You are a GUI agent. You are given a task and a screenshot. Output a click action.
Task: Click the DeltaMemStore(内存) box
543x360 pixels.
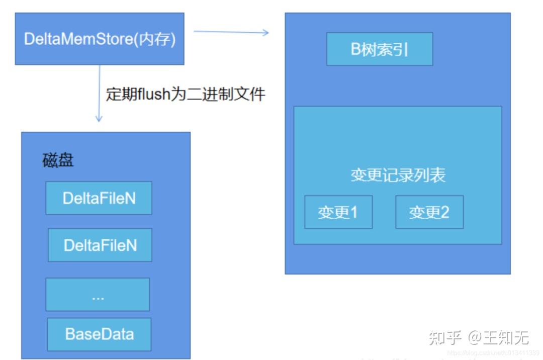click(x=100, y=39)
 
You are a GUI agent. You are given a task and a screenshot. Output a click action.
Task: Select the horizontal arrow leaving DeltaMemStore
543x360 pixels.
click(x=231, y=32)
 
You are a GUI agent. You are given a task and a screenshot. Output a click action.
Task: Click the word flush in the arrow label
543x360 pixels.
click(x=153, y=94)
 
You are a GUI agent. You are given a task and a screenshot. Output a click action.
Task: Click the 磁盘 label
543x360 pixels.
click(x=58, y=160)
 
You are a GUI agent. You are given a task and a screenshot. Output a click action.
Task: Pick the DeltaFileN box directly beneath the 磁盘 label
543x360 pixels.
click(x=99, y=198)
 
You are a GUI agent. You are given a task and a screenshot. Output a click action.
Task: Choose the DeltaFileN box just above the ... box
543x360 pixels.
click(x=100, y=245)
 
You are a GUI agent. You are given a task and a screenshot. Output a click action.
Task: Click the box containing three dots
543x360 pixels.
click(x=98, y=295)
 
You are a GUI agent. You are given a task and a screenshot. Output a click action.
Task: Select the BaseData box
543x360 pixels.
click(x=99, y=334)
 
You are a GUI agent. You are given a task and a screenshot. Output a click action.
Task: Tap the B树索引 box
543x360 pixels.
click(x=380, y=49)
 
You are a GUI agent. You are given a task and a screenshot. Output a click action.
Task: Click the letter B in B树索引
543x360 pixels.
click(x=356, y=49)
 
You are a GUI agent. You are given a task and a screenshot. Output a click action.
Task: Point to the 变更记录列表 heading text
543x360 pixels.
click(x=398, y=175)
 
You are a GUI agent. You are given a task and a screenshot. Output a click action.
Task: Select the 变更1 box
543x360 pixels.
click(x=338, y=212)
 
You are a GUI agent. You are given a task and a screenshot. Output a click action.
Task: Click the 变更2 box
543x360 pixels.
click(x=429, y=212)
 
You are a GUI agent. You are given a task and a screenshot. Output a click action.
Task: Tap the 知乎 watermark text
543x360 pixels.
click(x=445, y=337)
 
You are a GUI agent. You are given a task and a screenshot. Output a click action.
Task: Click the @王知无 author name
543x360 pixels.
click(x=499, y=337)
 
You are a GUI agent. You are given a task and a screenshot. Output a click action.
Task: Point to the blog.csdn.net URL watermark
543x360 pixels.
click(x=493, y=353)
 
